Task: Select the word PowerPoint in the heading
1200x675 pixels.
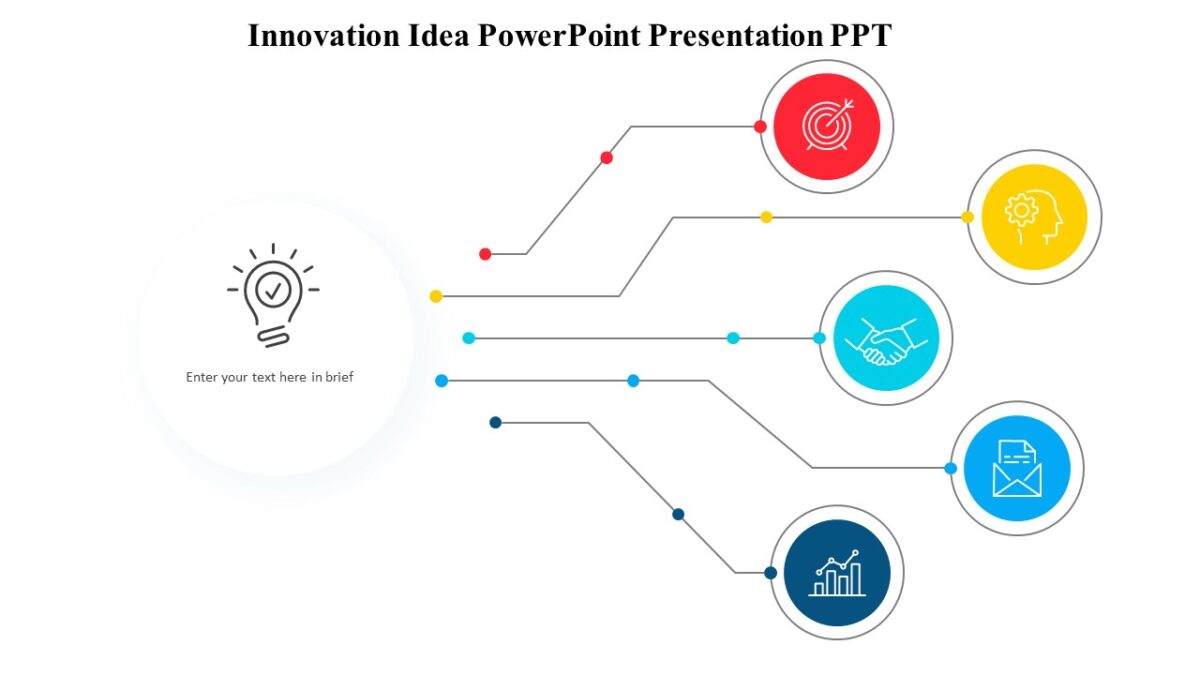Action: coord(560,35)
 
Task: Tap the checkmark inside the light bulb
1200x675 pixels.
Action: coord(273,290)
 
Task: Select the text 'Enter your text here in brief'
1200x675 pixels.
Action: coord(270,377)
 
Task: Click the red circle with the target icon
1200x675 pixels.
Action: coord(826,127)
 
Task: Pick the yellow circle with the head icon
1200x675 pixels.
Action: coord(1034,217)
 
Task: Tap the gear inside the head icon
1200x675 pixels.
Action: coord(1021,211)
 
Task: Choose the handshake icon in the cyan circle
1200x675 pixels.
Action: coord(885,339)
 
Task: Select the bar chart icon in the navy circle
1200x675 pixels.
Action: coord(837,573)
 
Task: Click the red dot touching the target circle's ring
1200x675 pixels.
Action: coord(760,127)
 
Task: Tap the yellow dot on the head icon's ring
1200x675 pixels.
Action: coord(967,217)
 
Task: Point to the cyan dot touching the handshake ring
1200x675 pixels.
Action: coord(819,338)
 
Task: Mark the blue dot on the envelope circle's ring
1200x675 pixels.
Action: coord(950,468)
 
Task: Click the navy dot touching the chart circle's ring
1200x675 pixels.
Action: coord(770,573)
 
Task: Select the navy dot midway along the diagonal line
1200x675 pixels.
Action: coord(678,514)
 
